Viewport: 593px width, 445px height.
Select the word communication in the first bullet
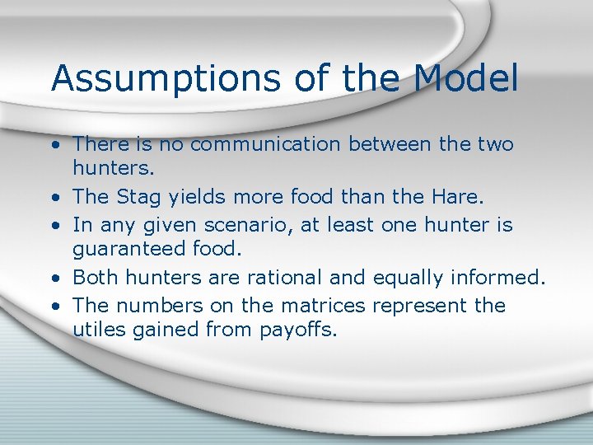(x=261, y=145)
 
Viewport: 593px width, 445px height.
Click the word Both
(x=96, y=279)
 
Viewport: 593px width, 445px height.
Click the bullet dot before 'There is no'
(x=53, y=146)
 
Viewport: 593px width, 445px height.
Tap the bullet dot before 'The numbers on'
(x=53, y=307)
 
